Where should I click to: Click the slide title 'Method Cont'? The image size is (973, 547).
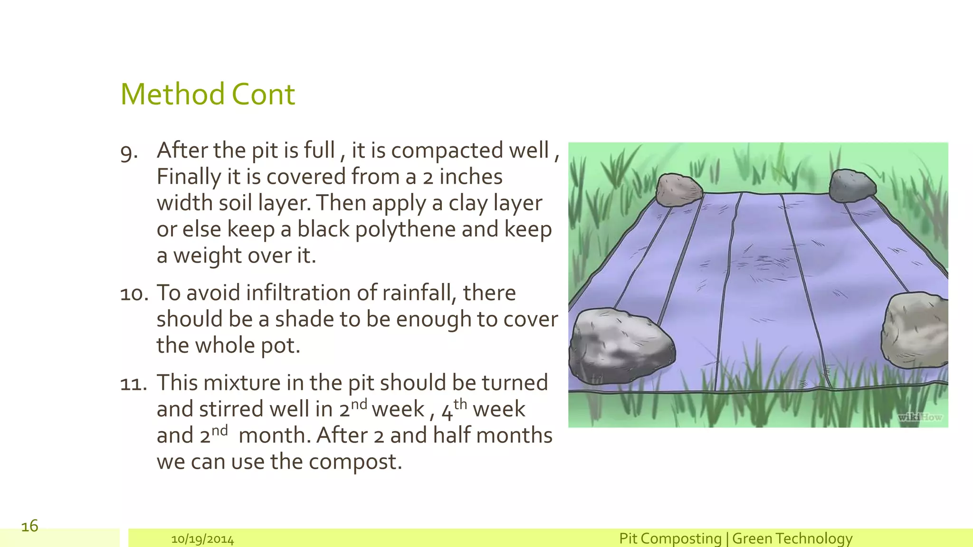point(208,94)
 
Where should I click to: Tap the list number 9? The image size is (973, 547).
point(129,152)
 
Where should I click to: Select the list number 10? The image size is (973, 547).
point(134,294)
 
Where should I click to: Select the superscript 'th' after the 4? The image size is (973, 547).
point(460,404)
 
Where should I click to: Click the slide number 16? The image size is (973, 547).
point(29,526)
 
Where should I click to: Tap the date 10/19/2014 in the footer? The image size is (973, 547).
point(202,539)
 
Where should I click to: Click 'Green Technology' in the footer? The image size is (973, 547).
point(792,538)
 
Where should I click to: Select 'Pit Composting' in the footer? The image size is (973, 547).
point(670,538)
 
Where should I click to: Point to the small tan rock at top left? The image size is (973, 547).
point(678,190)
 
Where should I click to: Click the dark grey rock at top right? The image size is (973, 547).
point(852,186)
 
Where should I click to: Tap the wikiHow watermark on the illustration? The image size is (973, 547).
point(919,417)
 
